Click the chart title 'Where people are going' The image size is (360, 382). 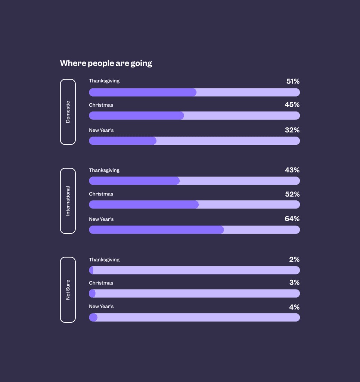pyautogui.click(x=106, y=63)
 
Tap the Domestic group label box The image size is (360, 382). pyautogui.click(x=68, y=112)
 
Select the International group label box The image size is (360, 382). pyautogui.click(x=68, y=201)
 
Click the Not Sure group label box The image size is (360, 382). pyautogui.click(x=68, y=289)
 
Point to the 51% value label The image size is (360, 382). pyautogui.click(x=293, y=81)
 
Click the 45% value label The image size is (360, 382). pyautogui.click(x=292, y=105)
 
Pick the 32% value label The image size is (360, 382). pyautogui.click(x=292, y=130)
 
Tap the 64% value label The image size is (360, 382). pyautogui.click(x=292, y=219)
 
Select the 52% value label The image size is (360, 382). pyautogui.click(x=292, y=194)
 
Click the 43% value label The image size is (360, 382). pyautogui.click(x=292, y=170)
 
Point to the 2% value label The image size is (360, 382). pyautogui.click(x=294, y=260)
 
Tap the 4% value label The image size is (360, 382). pyautogui.click(x=294, y=307)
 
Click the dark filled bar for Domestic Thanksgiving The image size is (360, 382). pyautogui.click(x=143, y=92)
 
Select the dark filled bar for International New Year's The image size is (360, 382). pyautogui.click(x=156, y=230)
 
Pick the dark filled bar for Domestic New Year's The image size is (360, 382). pyautogui.click(x=122, y=141)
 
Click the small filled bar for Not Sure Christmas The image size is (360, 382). pyautogui.click(x=92, y=294)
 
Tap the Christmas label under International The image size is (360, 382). pyautogui.click(x=101, y=194)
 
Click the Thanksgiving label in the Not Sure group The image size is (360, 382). pyautogui.click(x=104, y=260)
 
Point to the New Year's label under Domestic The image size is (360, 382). pyautogui.click(x=101, y=130)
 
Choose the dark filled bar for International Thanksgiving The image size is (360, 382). pyautogui.click(x=134, y=181)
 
